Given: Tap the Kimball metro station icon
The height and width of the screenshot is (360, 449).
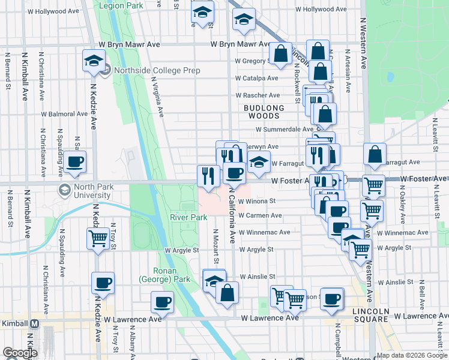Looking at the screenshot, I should [x=35, y=323].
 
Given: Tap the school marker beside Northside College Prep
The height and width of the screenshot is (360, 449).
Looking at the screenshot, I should [x=95, y=60].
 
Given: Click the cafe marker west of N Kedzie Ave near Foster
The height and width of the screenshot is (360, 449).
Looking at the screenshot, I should [x=76, y=162].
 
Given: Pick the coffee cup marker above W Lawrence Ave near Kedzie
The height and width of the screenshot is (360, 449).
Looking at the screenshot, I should [x=103, y=283].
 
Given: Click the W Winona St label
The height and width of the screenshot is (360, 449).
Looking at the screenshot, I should [x=256, y=201].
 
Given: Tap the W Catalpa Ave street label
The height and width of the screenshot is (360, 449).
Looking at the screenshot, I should [x=257, y=78].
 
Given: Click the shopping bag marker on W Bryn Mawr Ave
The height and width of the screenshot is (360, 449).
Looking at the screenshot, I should [x=280, y=54].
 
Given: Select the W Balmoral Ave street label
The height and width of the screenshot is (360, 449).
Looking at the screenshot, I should [x=64, y=113].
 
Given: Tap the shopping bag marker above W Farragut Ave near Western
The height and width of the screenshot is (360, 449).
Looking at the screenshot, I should [x=375, y=155].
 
